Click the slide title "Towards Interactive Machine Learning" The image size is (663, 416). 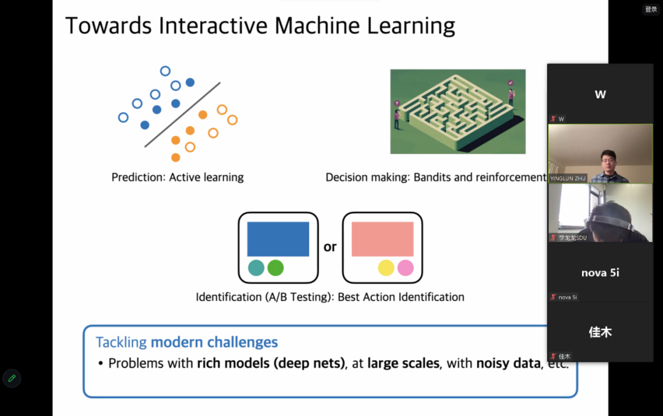tap(260, 26)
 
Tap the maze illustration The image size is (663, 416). tap(457, 111)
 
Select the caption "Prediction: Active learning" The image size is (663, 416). tap(177, 178)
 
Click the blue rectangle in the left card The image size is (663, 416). tap(277, 239)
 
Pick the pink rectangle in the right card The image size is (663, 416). tap(382, 239)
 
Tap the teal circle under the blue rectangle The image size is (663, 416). tap(256, 268)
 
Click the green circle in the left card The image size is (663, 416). tap(276, 268)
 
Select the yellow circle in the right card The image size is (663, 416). tap(386, 268)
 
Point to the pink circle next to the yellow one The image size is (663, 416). tap(405, 268)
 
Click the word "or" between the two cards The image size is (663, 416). tap(330, 247)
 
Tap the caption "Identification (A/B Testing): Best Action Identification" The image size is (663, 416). tap(330, 297)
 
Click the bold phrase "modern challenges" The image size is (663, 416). tap(214, 342)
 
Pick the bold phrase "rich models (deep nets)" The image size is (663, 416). tap(270, 363)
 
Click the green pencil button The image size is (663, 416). tap(12, 379)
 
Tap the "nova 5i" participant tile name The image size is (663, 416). tap(600, 273)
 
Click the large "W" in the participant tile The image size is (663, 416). tap(600, 95)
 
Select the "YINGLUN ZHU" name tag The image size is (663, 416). tap(568, 178)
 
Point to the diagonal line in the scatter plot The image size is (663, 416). tap(182, 115)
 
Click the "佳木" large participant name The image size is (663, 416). tap(600, 332)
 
